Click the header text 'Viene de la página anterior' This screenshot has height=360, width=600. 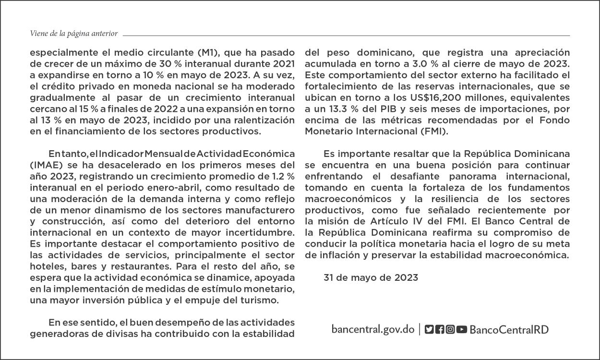pos(73,34)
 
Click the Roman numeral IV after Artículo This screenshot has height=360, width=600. pos(399,221)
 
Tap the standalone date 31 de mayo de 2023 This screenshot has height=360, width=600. pos(371,277)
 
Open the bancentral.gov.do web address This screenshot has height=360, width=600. pos(372,329)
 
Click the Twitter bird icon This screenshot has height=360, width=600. pos(429,329)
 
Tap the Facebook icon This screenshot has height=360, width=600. pos(439,329)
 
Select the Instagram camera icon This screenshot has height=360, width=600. pos(450,329)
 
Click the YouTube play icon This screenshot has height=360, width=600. pos(461,329)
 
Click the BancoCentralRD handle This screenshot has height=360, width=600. pos(509,329)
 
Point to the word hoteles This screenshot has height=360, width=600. pos(47,266)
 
